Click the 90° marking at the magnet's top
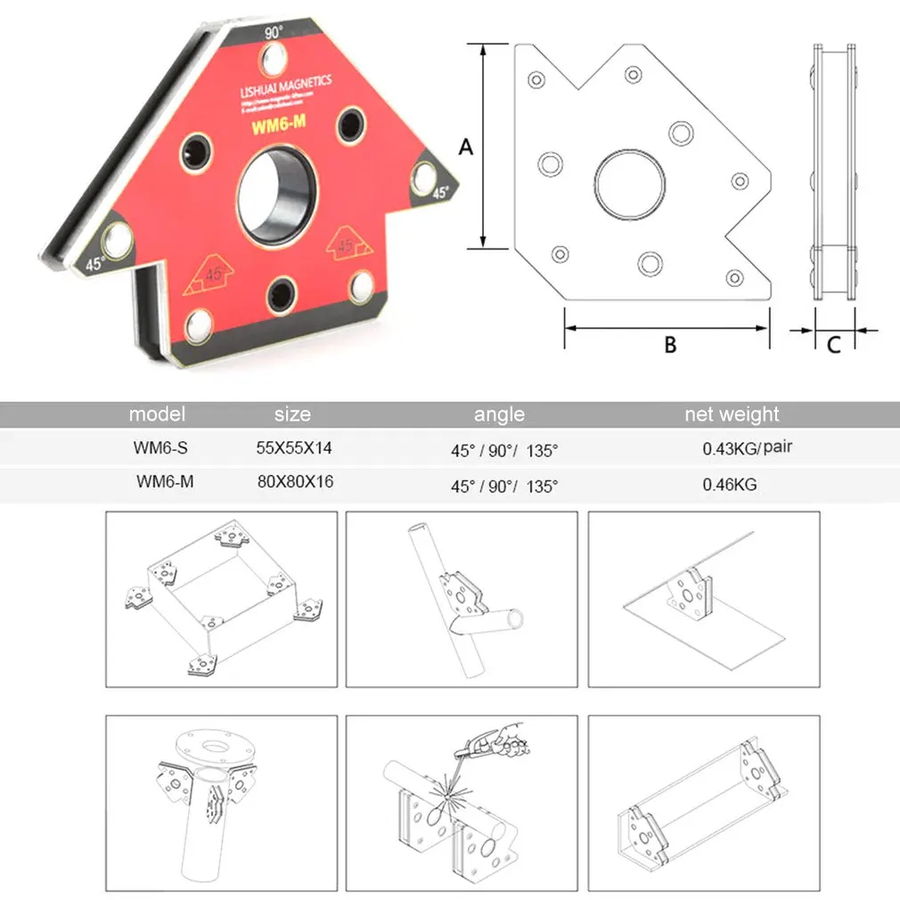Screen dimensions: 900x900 [x=274, y=31]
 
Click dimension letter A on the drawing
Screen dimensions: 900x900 [x=465, y=147]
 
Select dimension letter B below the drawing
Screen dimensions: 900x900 [x=670, y=344]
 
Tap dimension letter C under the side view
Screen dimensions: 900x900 [x=833, y=344]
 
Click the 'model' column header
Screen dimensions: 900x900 [x=157, y=414]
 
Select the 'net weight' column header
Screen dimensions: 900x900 [x=732, y=414]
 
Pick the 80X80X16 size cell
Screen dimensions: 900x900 [x=294, y=482]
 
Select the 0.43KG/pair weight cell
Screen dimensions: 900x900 [x=747, y=449]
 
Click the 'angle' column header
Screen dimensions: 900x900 [x=499, y=414]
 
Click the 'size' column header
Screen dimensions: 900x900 [x=292, y=414]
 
